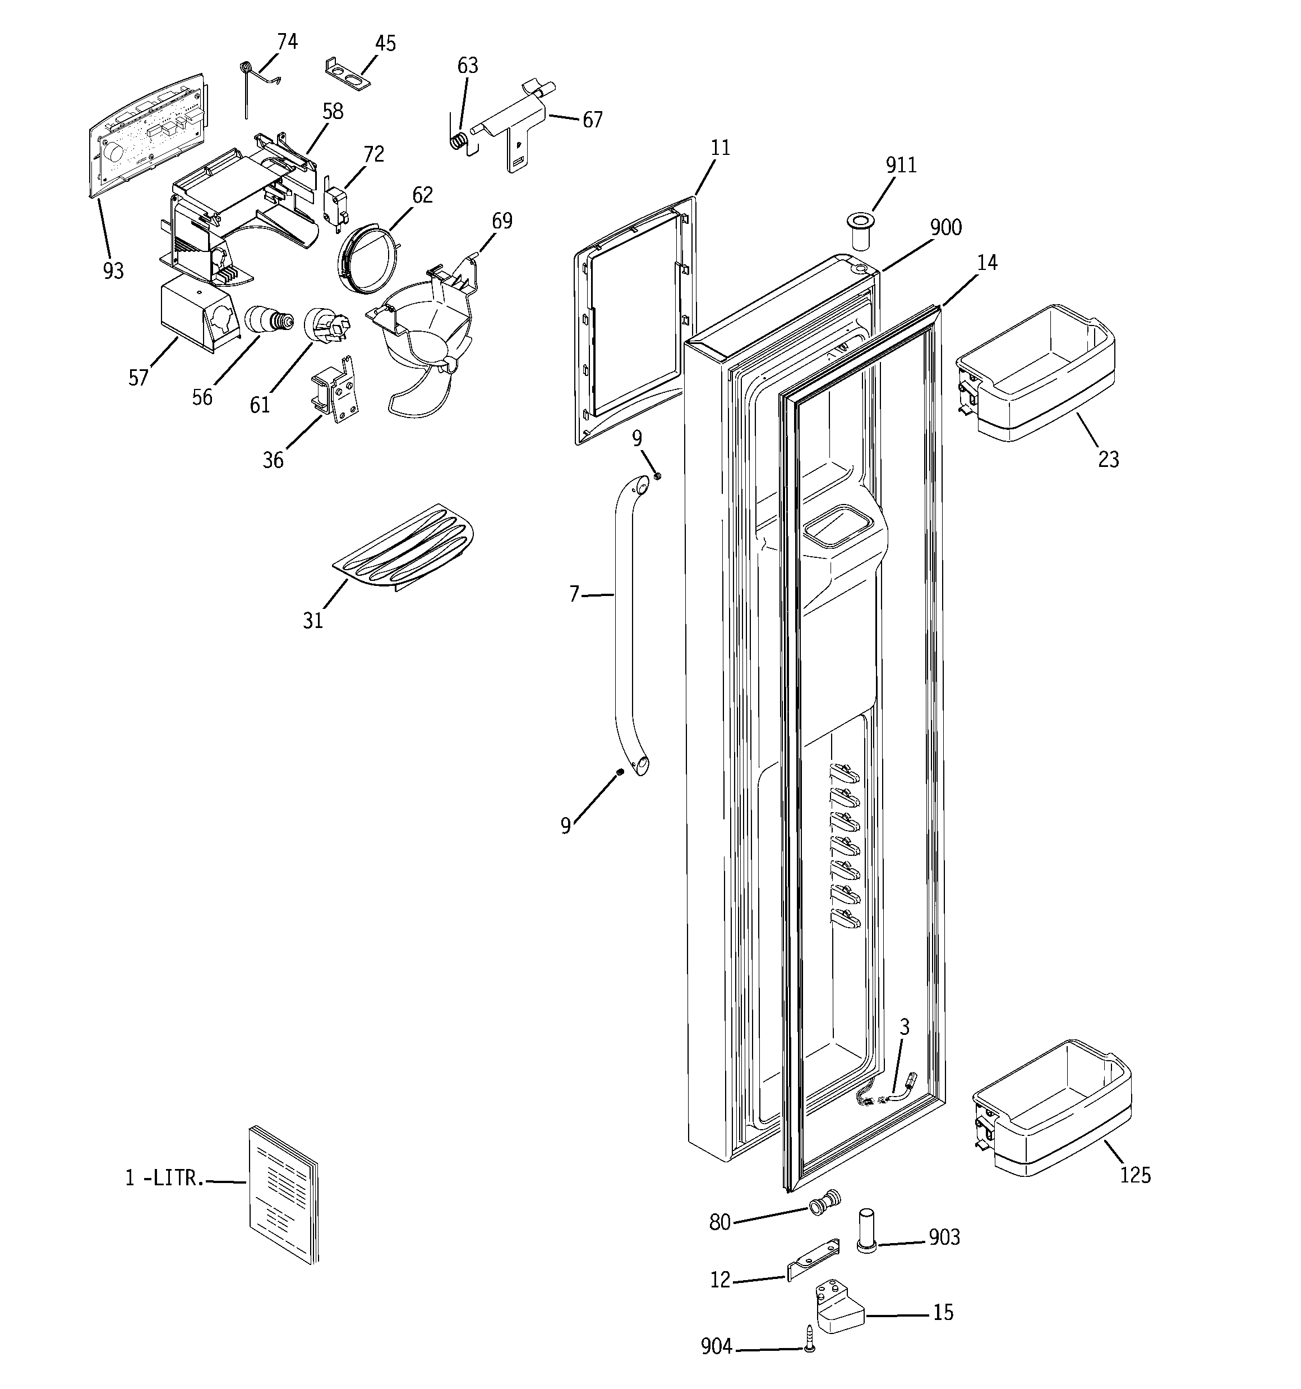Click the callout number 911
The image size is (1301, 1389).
coord(901,165)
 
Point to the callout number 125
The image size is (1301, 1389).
coord(1135,1175)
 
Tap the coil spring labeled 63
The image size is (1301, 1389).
coord(458,140)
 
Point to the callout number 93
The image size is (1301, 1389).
coord(113,271)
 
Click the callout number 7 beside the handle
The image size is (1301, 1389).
coord(574,594)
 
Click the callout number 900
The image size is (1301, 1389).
coord(945,227)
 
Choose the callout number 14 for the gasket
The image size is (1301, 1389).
coord(987,263)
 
